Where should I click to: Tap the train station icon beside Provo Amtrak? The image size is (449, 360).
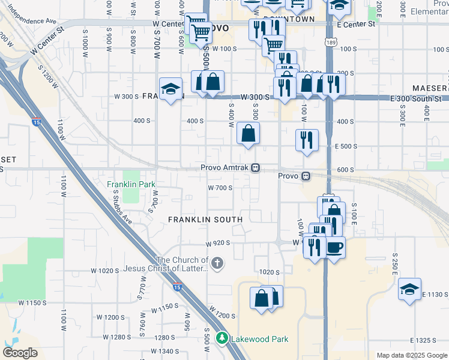coord(256,167)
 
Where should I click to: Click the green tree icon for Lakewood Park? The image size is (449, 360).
coord(222,339)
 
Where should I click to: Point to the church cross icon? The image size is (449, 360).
coord(217,262)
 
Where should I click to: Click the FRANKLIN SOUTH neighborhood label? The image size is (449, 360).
coord(205,220)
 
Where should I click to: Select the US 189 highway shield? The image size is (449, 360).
coord(331,42)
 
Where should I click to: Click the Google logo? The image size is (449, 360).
coord(20,353)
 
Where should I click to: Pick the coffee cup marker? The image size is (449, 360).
coord(334,246)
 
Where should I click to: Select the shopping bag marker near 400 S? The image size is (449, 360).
coord(248,133)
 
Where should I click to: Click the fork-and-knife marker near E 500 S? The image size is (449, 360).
coord(307,140)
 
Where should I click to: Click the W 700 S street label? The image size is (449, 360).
coord(220,188)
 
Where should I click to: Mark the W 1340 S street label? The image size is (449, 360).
coord(158,351)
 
